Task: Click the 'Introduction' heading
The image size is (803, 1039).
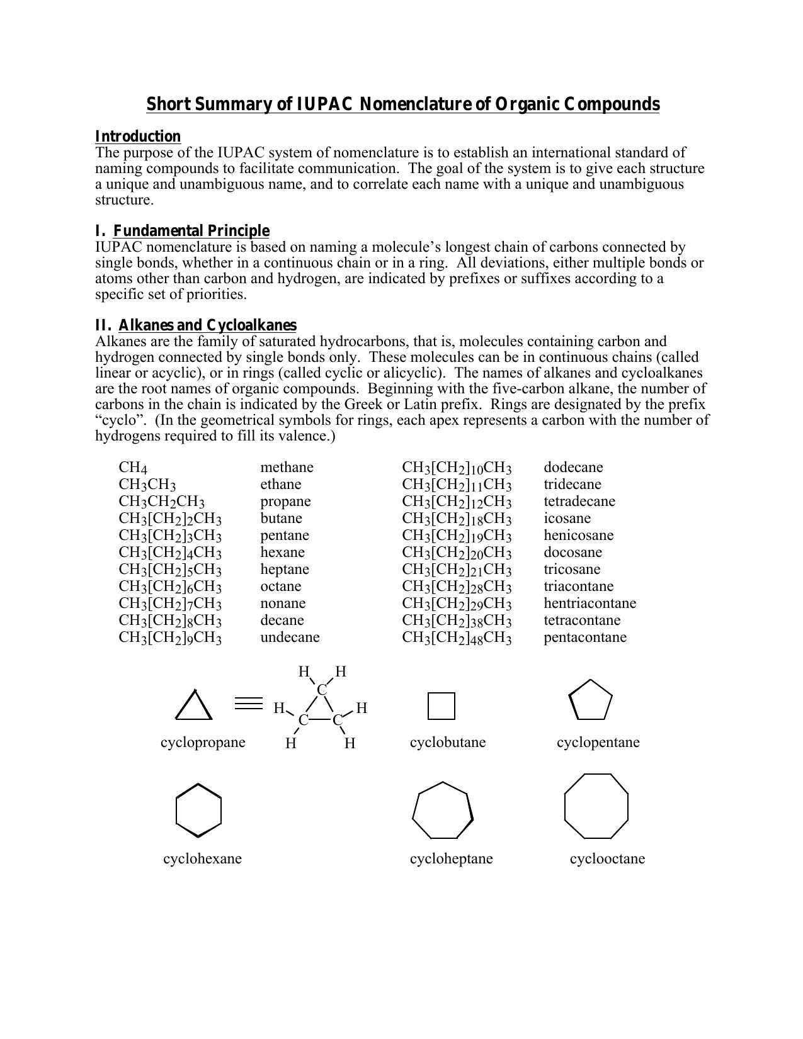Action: click(137, 137)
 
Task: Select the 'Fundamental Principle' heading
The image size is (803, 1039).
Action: click(191, 231)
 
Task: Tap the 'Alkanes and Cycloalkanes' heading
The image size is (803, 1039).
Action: click(207, 325)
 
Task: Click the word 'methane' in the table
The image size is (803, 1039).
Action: click(287, 467)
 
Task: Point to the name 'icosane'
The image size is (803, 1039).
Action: click(567, 518)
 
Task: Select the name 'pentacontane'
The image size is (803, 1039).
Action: click(585, 637)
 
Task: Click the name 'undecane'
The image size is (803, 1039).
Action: click(290, 637)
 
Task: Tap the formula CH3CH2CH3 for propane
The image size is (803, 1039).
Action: click(162, 502)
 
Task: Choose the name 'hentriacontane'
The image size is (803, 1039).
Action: click(589, 603)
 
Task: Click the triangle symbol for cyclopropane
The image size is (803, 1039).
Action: click(193, 706)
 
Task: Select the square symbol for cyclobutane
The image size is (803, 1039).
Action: click(441, 706)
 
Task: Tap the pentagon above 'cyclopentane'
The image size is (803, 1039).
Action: click(590, 700)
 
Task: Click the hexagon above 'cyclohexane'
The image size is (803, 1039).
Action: click(198, 810)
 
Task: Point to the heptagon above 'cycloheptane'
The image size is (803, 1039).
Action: click(443, 811)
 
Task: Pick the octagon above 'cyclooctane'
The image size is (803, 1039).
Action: click(596, 806)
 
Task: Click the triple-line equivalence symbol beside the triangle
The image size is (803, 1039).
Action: click(248, 703)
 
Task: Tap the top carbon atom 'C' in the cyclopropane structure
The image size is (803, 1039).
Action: click(322, 690)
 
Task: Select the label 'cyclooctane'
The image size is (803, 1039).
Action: click(607, 858)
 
